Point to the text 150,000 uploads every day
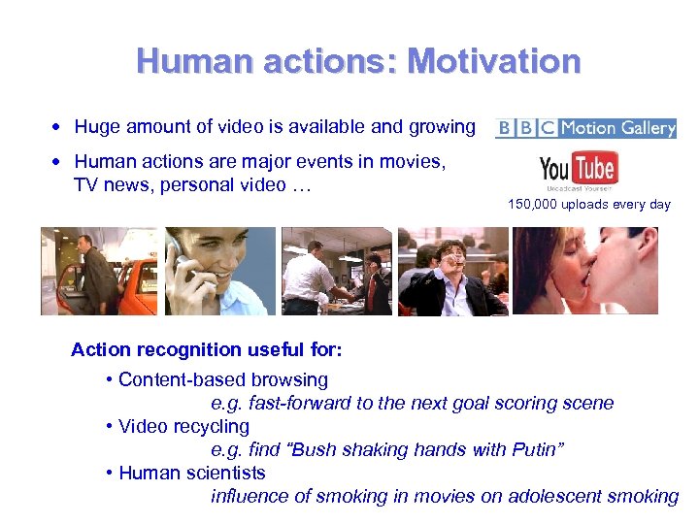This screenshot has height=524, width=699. [588, 205]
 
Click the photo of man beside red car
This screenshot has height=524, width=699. [99, 271]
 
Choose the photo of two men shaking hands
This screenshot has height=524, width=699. [336, 271]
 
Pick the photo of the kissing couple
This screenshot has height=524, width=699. [585, 271]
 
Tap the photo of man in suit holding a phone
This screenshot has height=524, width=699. [453, 271]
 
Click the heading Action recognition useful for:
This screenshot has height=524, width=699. [207, 348]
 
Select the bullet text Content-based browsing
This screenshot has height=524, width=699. [222, 379]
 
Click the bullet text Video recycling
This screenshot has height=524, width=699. [183, 426]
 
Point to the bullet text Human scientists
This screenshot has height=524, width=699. [191, 473]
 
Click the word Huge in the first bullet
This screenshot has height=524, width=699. [95, 127]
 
